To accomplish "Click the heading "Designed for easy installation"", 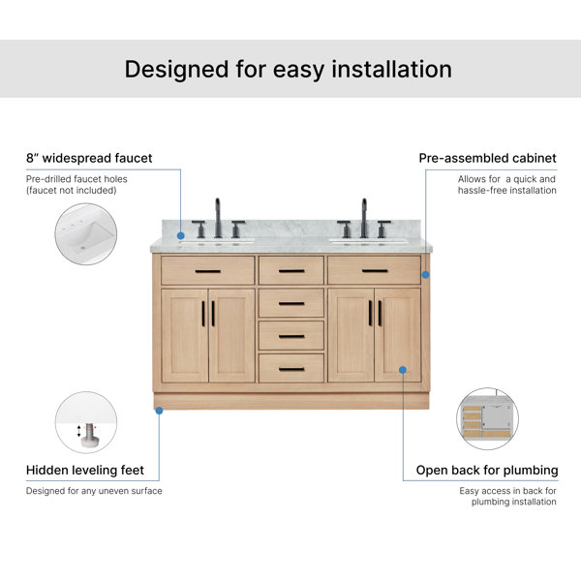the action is (289, 70).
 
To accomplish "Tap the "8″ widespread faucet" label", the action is (89, 158).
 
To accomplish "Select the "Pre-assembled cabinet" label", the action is (488, 158).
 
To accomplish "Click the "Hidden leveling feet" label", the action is (85, 471).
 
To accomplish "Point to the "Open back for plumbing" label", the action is (487, 471).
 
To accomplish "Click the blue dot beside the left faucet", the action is (181, 235).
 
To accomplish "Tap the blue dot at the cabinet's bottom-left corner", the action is (160, 411).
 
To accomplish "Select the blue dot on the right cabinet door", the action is (403, 370).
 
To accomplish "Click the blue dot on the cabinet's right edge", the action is (426, 275).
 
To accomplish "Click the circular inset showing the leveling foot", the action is (86, 422).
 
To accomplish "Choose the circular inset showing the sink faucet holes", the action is (86, 233).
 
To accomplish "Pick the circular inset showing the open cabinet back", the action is (488, 418).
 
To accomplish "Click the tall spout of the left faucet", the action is (218, 218).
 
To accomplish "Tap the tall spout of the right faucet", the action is (364, 218).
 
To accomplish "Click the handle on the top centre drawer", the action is (291, 271).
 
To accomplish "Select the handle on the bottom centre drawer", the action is (291, 370).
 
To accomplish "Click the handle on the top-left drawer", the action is (208, 271).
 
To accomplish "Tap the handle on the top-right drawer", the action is (375, 271).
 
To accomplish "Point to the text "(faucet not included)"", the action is (71, 191).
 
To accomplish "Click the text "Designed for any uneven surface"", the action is (94, 491).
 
